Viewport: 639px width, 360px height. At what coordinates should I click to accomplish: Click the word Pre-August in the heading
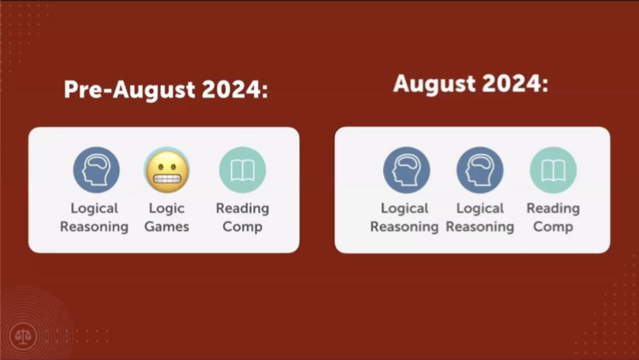click(x=129, y=90)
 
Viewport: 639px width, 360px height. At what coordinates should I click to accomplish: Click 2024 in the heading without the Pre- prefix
click(x=511, y=84)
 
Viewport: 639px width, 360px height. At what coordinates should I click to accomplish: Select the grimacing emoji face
click(x=167, y=171)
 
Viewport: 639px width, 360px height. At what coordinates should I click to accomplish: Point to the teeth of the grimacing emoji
click(x=167, y=179)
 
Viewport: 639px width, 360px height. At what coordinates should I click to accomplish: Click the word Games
click(x=167, y=227)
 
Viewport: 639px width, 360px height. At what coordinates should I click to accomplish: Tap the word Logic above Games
click(x=167, y=208)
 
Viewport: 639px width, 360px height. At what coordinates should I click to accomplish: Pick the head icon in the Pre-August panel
click(x=96, y=170)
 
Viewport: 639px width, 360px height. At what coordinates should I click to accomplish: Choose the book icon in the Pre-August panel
click(x=243, y=170)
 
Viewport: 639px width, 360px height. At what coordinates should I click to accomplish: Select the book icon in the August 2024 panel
click(x=553, y=170)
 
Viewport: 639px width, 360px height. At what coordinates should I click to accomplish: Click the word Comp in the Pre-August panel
click(x=242, y=227)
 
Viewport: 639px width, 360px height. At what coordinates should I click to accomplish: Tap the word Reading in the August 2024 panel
click(x=553, y=208)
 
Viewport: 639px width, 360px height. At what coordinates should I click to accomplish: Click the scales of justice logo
click(x=23, y=336)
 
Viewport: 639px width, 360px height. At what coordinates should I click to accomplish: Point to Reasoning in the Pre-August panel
click(x=94, y=227)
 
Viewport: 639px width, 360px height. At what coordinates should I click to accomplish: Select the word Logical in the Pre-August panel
click(x=94, y=208)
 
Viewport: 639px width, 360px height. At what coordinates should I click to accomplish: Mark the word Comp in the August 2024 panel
click(x=553, y=227)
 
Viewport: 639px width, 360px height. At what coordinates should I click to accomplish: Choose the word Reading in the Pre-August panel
click(x=243, y=208)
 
